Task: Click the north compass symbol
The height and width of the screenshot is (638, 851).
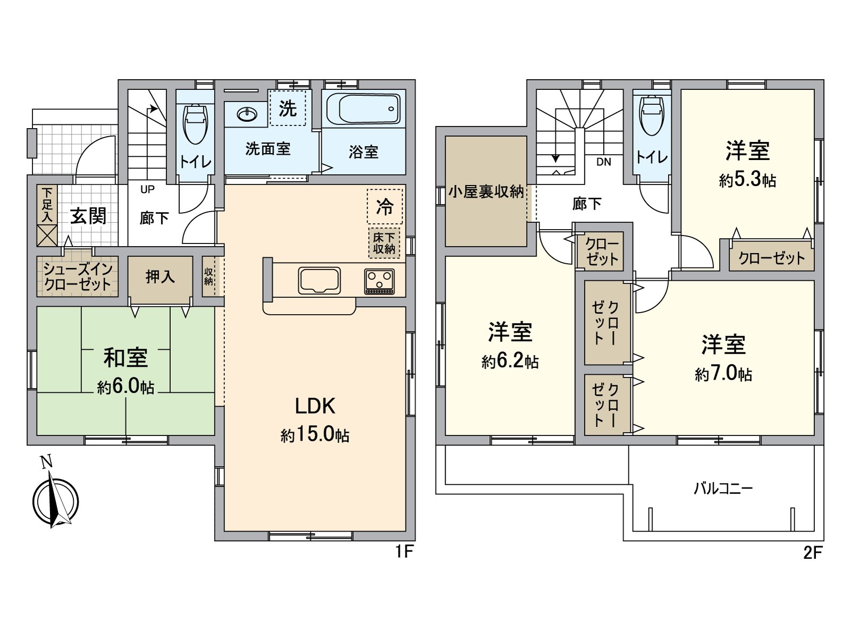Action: [55, 500]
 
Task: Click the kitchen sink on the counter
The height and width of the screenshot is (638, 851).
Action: [319, 280]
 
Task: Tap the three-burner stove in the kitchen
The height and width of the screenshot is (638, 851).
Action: [379, 281]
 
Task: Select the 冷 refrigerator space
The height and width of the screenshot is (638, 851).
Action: [385, 207]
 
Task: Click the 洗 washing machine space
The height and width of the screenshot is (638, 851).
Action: [287, 108]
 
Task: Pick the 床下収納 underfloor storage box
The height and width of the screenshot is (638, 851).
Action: [384, 243]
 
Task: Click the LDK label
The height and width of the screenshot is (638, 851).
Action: [315, 406]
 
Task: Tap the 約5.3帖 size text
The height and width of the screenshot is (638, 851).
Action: [747, 180]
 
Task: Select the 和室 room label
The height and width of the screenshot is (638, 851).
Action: [126, 358]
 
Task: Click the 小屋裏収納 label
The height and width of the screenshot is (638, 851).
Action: [486, 191]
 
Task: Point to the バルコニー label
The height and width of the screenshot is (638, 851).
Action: [723, 488]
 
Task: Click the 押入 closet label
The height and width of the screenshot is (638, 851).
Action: [160, 276]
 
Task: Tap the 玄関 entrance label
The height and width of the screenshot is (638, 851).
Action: [88, 216]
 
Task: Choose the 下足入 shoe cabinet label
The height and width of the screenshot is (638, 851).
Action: [47, 205]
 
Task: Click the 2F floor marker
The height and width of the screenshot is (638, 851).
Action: [812, 553]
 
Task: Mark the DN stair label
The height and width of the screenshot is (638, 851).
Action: [604, 162]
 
